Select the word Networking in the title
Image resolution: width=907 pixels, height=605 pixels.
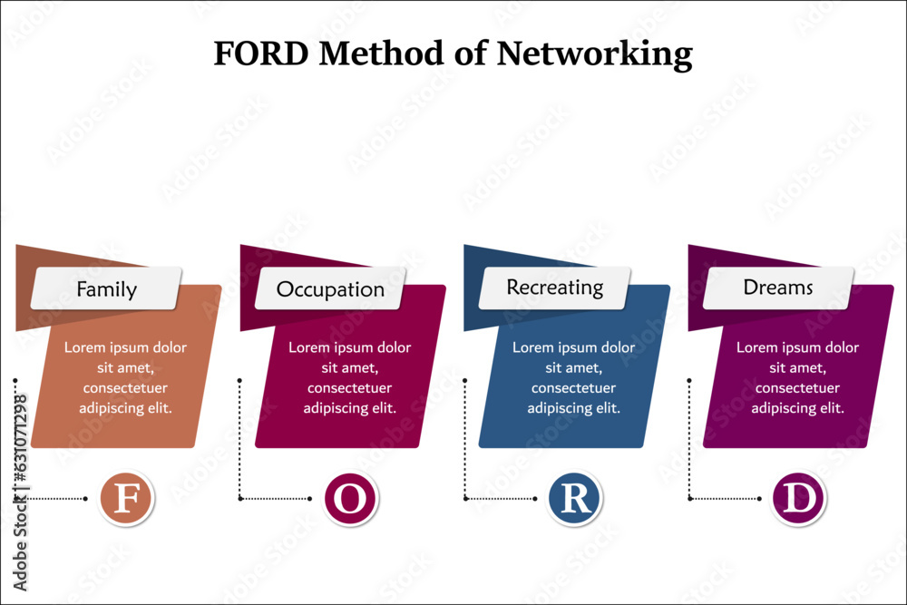point(594,54)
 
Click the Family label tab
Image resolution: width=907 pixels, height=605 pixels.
point(107,289)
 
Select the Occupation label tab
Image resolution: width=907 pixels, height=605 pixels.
point(330,289)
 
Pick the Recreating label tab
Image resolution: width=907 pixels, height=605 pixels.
point(554,288)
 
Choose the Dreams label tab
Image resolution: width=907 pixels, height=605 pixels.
point(778,288)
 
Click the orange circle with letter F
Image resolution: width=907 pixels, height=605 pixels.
point(125,499)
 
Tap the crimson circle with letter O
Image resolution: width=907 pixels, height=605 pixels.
point(350,499)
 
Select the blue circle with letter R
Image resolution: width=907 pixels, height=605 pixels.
point(574,499)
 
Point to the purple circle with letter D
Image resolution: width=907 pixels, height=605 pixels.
point(798,499)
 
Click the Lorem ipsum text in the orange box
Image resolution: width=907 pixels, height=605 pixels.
point(125,377)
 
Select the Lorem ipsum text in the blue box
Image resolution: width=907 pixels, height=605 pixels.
point(573,377)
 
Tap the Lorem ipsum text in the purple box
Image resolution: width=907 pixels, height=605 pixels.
point(797,377)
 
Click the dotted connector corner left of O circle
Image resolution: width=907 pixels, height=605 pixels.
point(240,498)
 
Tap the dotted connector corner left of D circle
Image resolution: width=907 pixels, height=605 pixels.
point(689,498)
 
